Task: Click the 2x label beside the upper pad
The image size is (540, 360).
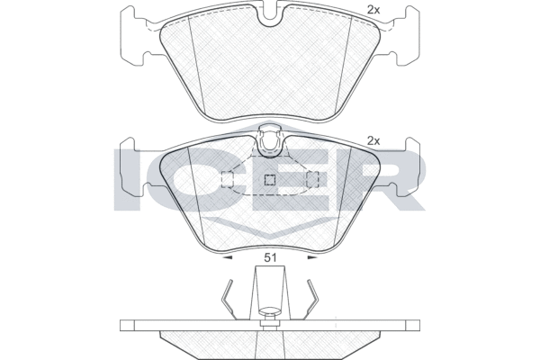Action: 373,11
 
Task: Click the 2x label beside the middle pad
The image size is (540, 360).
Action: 373,140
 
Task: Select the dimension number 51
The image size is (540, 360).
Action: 269,259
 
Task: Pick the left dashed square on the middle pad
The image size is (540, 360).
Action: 227,180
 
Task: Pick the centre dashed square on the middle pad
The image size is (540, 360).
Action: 269,180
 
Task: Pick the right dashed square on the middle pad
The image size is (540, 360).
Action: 313,180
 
